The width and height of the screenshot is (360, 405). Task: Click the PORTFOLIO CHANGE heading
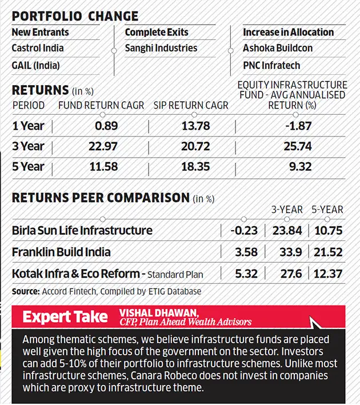[75, 16]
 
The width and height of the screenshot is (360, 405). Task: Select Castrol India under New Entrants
[38, 49]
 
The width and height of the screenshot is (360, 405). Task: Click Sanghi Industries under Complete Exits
[161, 49]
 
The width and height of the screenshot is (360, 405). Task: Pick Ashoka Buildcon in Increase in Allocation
[278, 49]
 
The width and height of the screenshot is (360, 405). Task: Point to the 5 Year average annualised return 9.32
[298, 167]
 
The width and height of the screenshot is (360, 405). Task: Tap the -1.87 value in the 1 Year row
[298, 126]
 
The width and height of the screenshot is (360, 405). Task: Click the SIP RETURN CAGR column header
[191, 106]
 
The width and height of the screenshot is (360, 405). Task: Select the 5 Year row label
[28, 167]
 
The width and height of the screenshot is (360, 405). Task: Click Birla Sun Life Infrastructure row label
[82, 231]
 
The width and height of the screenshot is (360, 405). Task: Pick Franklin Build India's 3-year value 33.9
[283, 252]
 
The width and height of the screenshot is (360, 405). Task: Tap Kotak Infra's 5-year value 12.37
[327, 274]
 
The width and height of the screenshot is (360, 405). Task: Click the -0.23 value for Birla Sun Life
[245, 231]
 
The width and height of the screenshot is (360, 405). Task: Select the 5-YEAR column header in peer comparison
[327, 210]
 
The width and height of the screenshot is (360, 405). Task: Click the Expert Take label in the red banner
[65, 316]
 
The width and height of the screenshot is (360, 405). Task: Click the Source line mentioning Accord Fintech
[107, 291]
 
